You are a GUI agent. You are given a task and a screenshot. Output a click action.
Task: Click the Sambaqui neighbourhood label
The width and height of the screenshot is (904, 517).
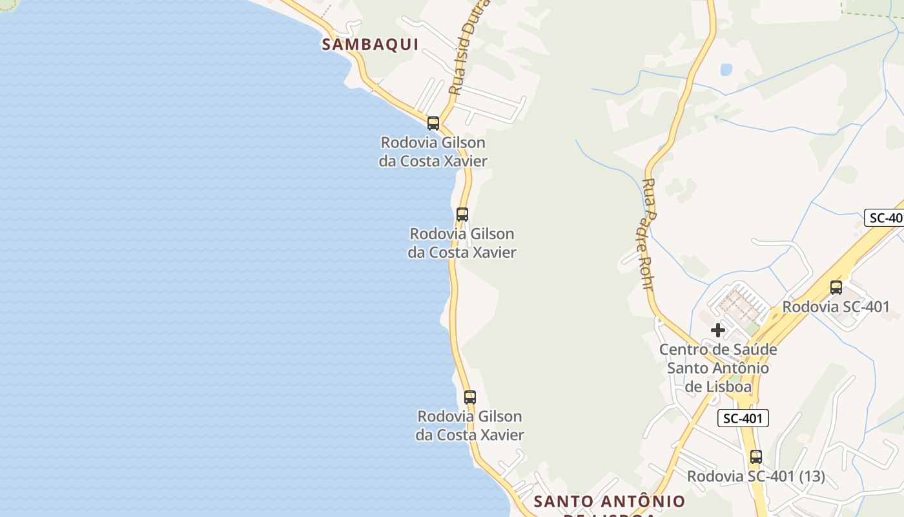click(x=370, y=44)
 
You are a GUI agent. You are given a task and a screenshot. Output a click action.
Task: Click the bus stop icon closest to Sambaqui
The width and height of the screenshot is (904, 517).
click(x=433, y=123)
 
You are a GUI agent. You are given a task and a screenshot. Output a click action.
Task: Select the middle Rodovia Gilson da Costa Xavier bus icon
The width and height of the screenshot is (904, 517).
click(x=462, y=214)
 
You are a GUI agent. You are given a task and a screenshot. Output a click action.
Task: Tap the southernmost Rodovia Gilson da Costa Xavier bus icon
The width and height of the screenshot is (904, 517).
click(x=469, y=397)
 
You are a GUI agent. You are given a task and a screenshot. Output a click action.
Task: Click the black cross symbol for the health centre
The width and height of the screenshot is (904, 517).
click(x=717, y=330)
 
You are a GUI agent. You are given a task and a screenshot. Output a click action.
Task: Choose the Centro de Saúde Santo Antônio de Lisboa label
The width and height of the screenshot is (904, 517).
click(x=717, y=368)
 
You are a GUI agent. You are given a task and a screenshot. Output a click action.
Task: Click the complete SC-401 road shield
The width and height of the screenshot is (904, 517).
click(x=743, y=418)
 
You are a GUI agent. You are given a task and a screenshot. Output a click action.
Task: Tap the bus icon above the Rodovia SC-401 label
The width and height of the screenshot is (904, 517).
click(x=836, y=288)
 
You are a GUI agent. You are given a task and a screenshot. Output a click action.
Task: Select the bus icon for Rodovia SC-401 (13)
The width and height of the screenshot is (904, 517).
click(x=755, y=457)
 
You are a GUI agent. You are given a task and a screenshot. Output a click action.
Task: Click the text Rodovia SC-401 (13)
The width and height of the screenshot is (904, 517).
click(x=755, y=476)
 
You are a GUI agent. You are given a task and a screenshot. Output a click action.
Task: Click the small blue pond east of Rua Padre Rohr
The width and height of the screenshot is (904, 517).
click(x=726, y=69)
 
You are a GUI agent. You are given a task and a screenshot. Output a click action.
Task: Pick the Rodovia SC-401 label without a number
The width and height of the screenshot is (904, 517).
click(x=836, y=307)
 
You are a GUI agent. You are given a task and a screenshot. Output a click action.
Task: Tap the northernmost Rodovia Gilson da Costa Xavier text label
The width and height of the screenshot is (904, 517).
click(x=433, y=151)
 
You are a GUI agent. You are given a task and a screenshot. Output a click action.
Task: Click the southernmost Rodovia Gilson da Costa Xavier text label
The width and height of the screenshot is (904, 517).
click(x=469, y=425)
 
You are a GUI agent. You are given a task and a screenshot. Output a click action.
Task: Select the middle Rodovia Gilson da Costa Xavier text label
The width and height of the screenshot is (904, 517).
click(x=462, y=242)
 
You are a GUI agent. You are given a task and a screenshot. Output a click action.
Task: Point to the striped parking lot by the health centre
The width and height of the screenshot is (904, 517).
click(x=739, y=303)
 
